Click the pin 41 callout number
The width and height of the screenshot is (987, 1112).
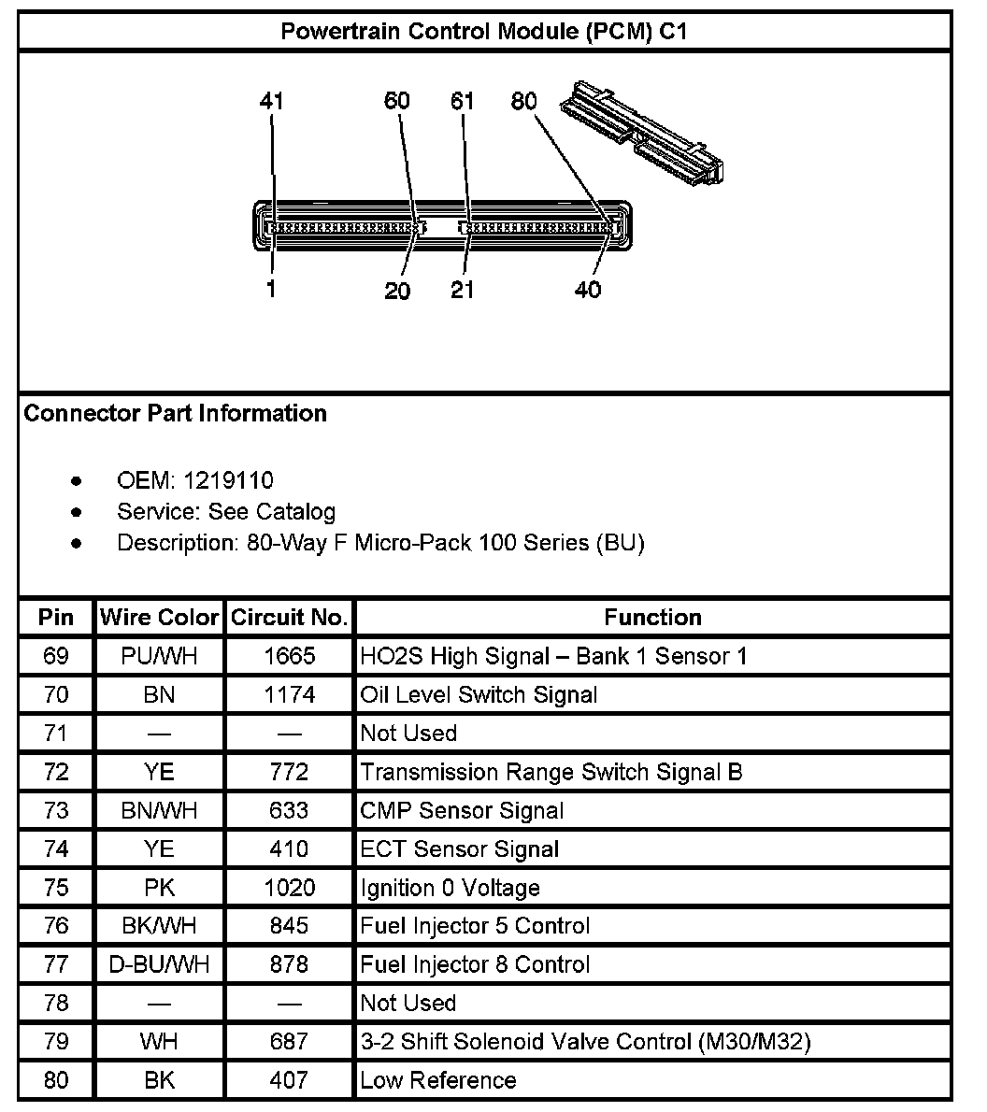click(x=271, y=101)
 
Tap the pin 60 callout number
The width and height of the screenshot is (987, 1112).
click(x=397, y=101)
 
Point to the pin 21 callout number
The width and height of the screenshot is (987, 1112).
click(x=463, y=290)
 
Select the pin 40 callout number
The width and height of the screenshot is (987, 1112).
click(x=588, y=290)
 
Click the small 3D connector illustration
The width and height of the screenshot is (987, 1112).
click(x=644, y=134)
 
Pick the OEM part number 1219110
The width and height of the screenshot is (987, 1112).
click(x=229, y=480)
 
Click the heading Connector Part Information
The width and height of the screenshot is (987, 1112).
click(x=176, y=413)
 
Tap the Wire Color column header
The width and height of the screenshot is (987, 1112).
click(x=159, y=618)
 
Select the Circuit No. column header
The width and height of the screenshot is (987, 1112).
click(x=289, y=618)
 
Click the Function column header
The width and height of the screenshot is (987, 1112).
click(x=652, y=618)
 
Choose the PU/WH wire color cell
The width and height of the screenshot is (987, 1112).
click(x=159, y=656)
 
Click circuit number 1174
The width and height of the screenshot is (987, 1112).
click(x=289, y=694)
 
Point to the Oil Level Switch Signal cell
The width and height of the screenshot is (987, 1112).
click(x=479, y=694)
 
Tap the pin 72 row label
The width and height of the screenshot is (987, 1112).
click(x=56, y=772)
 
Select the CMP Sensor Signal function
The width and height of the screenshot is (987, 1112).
click(x=462, y=810)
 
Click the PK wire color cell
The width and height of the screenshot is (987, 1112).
click(x=159, y=887)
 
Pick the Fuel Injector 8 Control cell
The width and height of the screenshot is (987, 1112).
click(x=475, y=963)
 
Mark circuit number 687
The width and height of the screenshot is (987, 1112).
click(x=289, y=1041)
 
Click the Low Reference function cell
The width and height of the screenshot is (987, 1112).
click(x=437, y=1080)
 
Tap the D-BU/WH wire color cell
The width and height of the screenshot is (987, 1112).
click(x=159, y=963)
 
